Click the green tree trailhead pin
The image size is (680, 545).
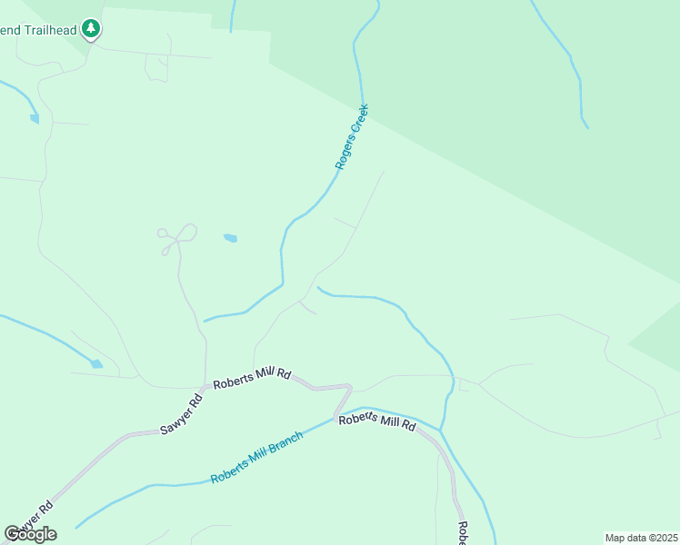(90, 29)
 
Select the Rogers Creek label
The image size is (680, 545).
(352, 136)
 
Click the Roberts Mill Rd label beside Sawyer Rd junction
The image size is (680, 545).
(252, 378)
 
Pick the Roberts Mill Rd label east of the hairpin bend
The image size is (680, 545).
(377, 422)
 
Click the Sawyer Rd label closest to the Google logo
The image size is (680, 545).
(34, 518)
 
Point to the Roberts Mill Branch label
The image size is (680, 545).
(256, 451)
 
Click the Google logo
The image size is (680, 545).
(30, 534)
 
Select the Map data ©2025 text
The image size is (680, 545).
(641, 538)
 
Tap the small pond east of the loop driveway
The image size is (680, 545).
(230, 239)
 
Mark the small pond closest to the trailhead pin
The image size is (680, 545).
(35, 118)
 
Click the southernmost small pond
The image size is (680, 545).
(96, 364)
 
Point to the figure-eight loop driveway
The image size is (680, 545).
(178, 237)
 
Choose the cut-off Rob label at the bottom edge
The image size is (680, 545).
(461, 533)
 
